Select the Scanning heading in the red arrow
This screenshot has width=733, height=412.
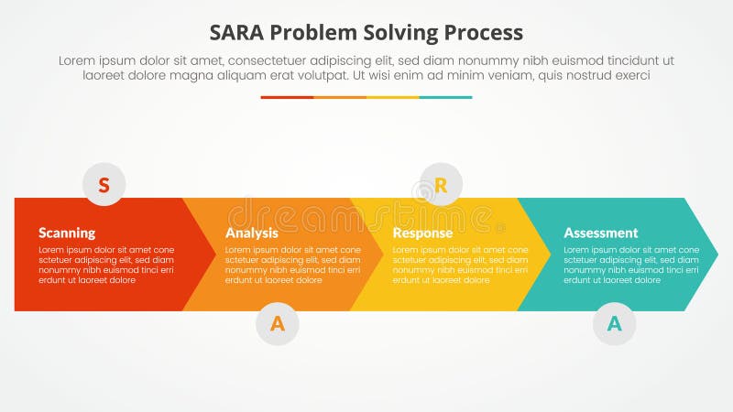point(67,233)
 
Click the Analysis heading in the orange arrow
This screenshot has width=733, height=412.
point(251,233)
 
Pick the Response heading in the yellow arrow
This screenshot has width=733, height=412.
point(422,233)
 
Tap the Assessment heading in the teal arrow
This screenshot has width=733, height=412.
point(600,233)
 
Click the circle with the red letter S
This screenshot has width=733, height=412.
point(104,185)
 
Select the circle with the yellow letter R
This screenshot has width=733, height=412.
point(441,185)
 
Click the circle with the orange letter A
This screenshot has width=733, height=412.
point(277,323)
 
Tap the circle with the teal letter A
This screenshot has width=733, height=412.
point(614,323)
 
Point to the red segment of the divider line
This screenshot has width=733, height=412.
point(287,97)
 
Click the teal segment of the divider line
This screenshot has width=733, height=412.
point(446,97)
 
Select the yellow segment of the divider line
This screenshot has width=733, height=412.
point(393,97)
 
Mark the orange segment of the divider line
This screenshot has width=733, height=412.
point(340,97)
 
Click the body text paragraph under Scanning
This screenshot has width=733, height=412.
point(105,265)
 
